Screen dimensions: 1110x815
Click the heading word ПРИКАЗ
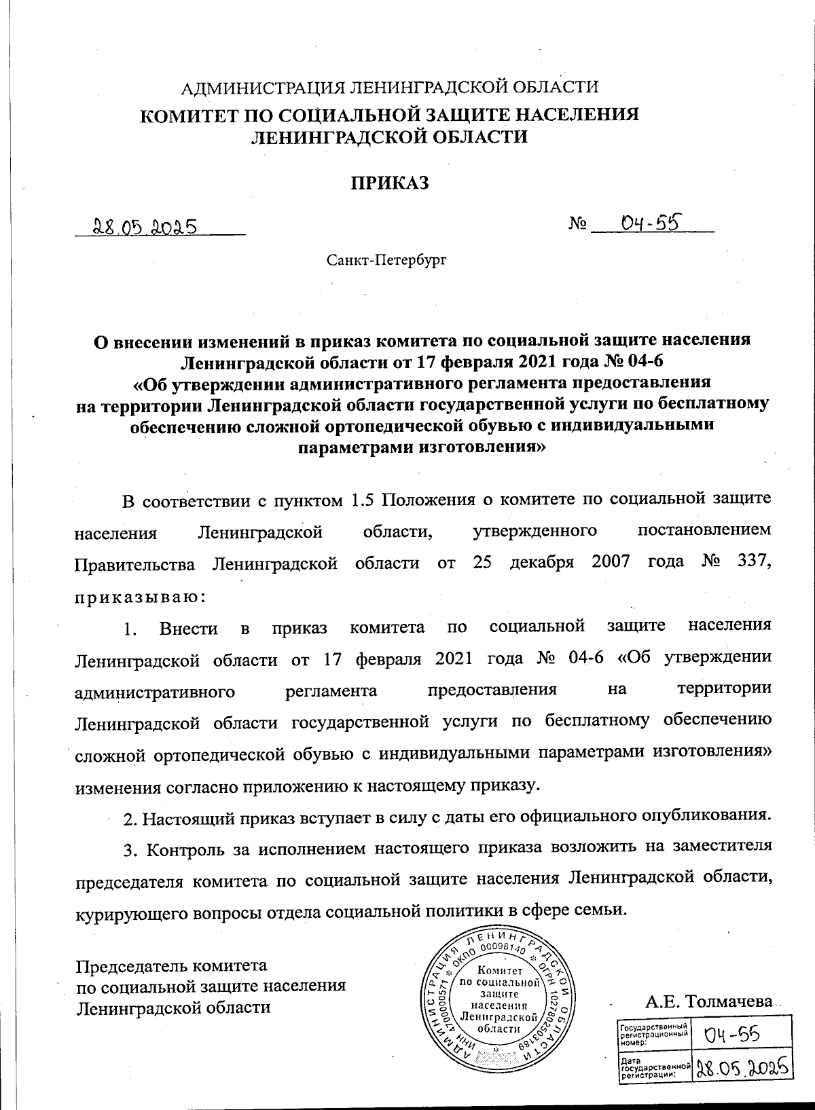[390, 183]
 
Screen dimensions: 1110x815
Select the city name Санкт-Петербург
[386, 259]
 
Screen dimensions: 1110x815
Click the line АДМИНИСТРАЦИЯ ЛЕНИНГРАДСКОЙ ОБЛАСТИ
[388, 86]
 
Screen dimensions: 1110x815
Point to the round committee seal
[499, 1001]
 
